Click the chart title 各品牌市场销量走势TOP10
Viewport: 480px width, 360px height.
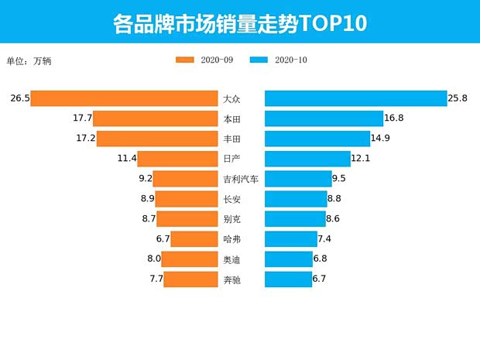pos(239,22)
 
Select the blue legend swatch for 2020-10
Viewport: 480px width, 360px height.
pos(259,60)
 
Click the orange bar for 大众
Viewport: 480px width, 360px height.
pos(124,98)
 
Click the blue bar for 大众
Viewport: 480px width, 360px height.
pos(355,98)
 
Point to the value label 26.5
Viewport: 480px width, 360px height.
pos(20,98)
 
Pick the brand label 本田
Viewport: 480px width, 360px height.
pos(231,119)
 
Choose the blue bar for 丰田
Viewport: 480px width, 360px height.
pos(317,139)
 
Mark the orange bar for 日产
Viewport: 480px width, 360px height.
pos(177,159)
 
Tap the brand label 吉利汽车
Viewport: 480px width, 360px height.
pos(241,179)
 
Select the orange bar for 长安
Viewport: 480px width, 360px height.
pos(186,199)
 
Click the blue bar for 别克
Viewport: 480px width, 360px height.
pos(295,219)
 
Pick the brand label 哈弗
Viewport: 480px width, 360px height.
pos(231,239)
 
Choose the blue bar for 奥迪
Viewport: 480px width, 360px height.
pos(289,259)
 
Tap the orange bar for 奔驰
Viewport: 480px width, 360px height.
pos(190,279)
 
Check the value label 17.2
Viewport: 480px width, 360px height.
pos(85,139)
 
